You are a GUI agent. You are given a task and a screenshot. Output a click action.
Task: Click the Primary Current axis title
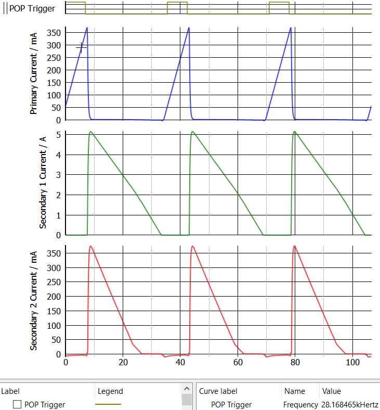click(34, 73)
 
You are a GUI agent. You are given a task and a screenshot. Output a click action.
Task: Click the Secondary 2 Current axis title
click(34, 300)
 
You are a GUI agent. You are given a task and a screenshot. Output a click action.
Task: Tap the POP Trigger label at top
click(32, 8)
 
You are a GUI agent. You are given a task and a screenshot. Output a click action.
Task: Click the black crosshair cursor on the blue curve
click(82, 47)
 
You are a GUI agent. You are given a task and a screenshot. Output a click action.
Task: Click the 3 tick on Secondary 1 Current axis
click(59, 175)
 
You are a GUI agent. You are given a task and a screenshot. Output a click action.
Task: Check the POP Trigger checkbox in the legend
click(17, 405)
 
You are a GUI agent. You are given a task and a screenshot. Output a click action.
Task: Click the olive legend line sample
click(108, 404)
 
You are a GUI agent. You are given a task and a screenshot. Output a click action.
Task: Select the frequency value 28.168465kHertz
click(349, 405)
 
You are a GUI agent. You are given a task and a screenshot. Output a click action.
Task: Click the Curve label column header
click(218, 391)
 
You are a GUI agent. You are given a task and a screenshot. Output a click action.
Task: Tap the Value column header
click(332, 391)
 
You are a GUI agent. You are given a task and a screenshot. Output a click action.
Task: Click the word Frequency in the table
click(300, 405)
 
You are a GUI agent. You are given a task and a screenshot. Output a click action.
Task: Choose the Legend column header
click(110, 391)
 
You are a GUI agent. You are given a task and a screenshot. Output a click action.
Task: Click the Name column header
click(294, 391)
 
